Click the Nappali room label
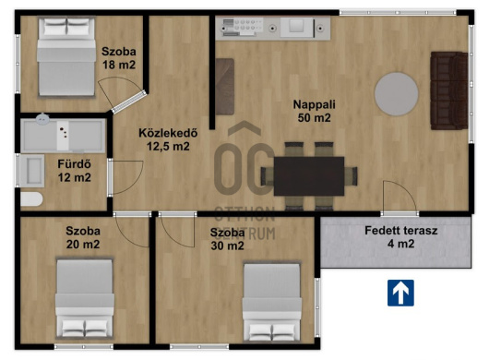click(x=314, y=104)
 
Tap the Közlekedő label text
click(x=168, y=133)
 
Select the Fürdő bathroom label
click(x=74, y=164)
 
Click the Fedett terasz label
click(x=401, y=231)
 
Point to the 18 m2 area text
click(x=119, y=65)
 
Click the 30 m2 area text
click(x=227, y=246)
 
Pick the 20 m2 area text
click(x=83, y=244)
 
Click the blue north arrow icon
click(x=400, y=293)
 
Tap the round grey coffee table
click(x=397, y=94)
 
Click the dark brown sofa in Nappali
click(x=449, y=90)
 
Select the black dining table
click(x=309, y=176)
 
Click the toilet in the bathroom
click(x=31, y=199)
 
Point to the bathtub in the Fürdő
click(x=63, y=136)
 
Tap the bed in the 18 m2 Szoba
click(x=66, y=57)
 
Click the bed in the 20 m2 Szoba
click(x=85, y=299)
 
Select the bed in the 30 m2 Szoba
click(x=272, y=302)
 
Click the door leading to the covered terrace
click(x=400, y=198)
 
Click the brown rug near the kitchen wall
click(x=225, y=87)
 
